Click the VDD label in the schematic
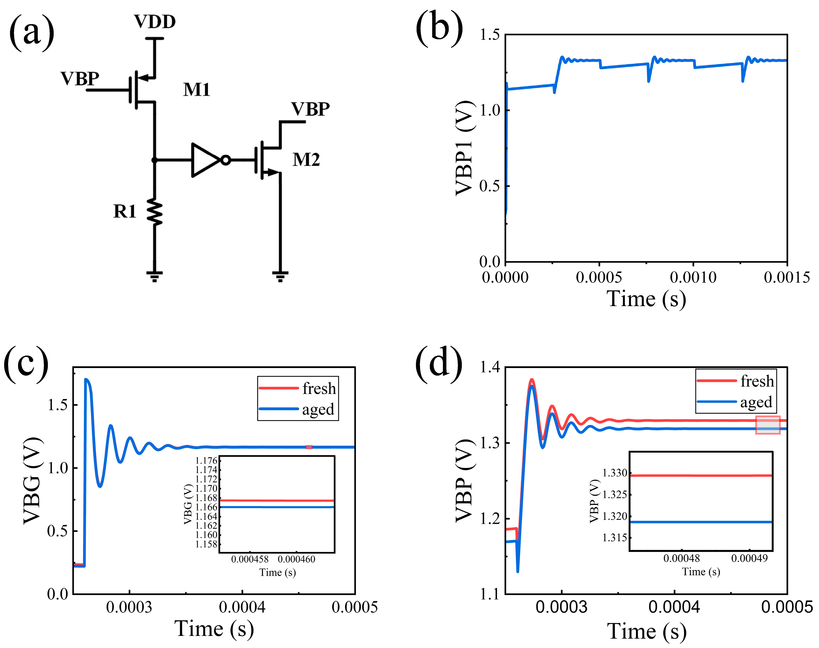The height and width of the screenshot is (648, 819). pos(155,22)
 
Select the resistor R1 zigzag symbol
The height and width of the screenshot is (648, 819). pos(155,211)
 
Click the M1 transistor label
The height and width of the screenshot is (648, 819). pos(196,90)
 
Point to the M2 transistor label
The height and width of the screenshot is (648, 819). pos(306,160)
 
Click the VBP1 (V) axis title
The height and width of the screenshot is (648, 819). pos(465,148)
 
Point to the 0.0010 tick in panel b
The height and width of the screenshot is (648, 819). pos(693,277)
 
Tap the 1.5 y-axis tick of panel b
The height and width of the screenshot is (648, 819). pos(490,35)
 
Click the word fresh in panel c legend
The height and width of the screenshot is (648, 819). pos(319,388)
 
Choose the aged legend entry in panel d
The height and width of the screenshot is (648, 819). pos(756,402)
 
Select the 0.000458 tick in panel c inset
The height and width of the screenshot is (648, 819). pos(250,559)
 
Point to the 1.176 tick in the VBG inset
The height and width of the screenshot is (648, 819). pos(206,461)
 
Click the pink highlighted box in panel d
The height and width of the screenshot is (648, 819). pos(768,425)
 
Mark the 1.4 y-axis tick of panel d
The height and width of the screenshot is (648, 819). pos(490,367)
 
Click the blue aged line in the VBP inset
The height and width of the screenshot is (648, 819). pos(701,522)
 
